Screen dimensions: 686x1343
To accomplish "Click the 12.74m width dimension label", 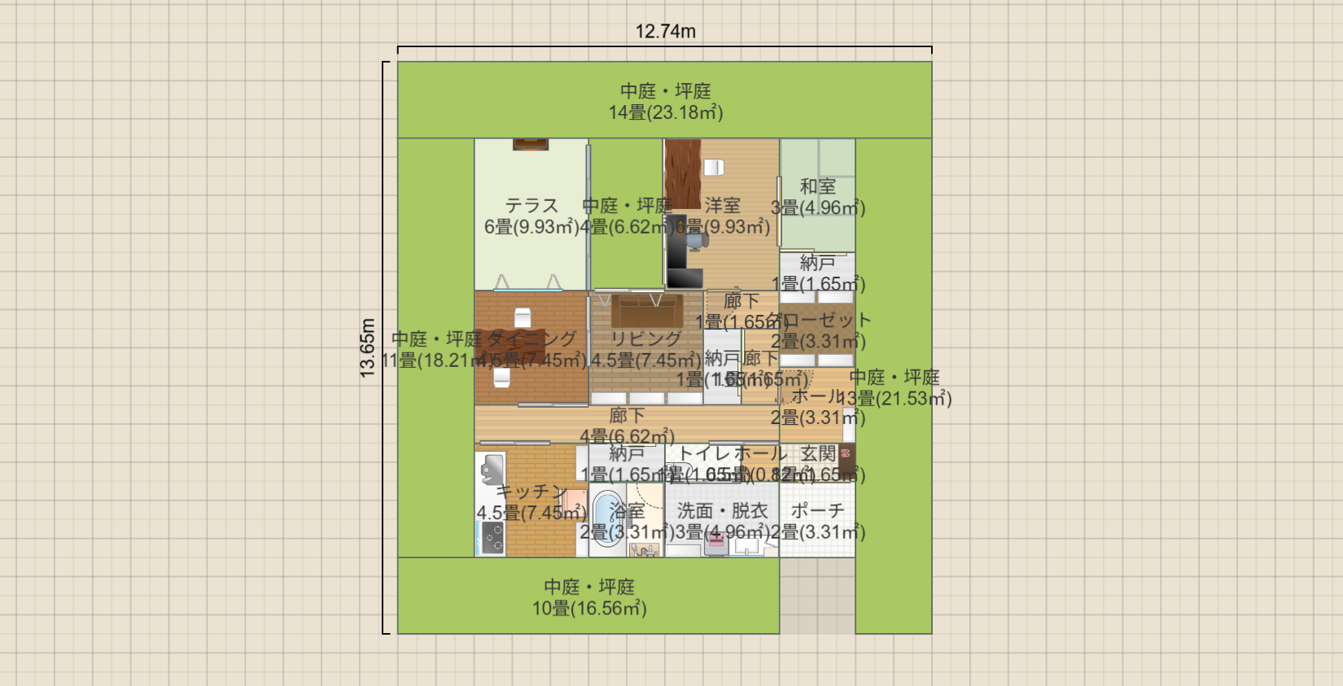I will point(665,32).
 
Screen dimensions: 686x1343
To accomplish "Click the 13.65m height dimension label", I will point(368,347).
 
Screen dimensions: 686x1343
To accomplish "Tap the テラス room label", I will point(531,206).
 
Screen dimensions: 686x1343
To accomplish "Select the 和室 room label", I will point(817,187).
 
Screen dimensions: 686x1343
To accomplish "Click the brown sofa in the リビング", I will point(647,310).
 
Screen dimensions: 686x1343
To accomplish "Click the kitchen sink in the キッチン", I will point(490,470).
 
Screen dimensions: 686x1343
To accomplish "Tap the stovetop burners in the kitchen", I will point(492,537).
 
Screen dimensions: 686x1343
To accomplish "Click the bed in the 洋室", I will point(682,173).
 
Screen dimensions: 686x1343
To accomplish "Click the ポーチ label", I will point(817,511).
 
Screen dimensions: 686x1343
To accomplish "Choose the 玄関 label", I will point(817,454).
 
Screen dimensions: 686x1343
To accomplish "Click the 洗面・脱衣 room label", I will point(722,511).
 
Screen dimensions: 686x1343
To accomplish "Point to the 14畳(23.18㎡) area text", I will point(665,113).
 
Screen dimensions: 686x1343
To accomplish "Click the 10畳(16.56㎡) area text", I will point(588,609).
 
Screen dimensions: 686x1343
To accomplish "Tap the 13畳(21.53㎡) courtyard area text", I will point(895,399).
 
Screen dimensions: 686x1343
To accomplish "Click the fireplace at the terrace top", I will point(530,145).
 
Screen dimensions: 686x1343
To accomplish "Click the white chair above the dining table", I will point(522,317).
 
